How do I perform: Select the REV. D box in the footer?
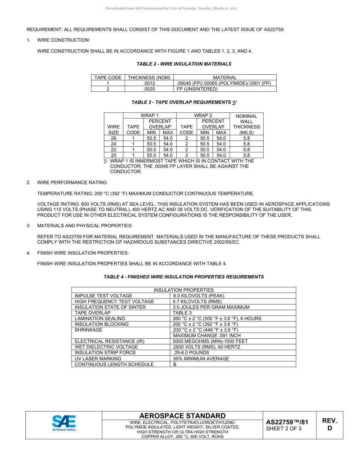tap(329, 425)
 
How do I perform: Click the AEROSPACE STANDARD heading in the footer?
tap(182, 416)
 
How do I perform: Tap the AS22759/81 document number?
tap(287, 422)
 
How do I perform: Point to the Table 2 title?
tap(184, 64)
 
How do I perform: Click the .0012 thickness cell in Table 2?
tap(149, 83)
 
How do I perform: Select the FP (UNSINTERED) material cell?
tap(197, 89)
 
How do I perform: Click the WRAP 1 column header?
tap(150, 116)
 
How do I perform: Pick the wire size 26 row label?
tap(114, 138)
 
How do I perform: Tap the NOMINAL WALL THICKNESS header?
tap(247, 124)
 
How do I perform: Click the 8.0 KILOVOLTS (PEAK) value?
tap(199, 296)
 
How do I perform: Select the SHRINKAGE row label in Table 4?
tap(89, 330)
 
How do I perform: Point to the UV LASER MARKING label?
tap(98, 358)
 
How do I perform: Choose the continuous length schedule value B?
tap(175, 364)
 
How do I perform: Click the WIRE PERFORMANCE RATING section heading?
tap(72, 183)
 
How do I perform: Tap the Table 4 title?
tap(184, 277)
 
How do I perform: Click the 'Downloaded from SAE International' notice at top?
tap(171, 8)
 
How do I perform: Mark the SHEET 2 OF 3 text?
tap(284, 429)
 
